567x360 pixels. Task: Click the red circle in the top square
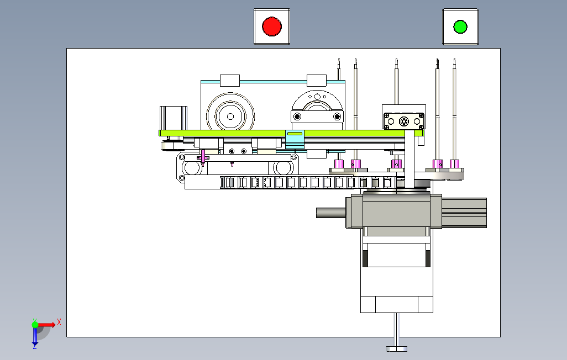tap(271, 27)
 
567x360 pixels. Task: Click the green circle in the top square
tap(460, 27)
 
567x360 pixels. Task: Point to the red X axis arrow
tap(46, 325)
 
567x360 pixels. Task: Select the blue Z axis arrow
tap(35, 336)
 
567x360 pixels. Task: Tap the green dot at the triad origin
tap(35, 325)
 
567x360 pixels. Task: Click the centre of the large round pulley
tap(230, 116)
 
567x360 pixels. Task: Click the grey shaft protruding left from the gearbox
tap(331, 213)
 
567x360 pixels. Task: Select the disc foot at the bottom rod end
tap(397, 349)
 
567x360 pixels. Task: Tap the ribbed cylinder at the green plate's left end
tap(173, 118)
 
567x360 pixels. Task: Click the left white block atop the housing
tap(230, 81)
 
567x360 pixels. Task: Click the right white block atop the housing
tap(317, 81)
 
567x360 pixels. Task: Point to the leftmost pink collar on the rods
tap(339, 164)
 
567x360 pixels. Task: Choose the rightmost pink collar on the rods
tap(454, 164)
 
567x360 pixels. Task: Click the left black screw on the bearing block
tap(297, 117)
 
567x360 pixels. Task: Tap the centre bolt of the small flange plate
tap(403, 121)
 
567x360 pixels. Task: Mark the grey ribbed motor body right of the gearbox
tap(464, 213)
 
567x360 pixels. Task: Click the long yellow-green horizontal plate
tap(291, 134)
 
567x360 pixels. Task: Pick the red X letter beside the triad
tap(59, 322)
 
